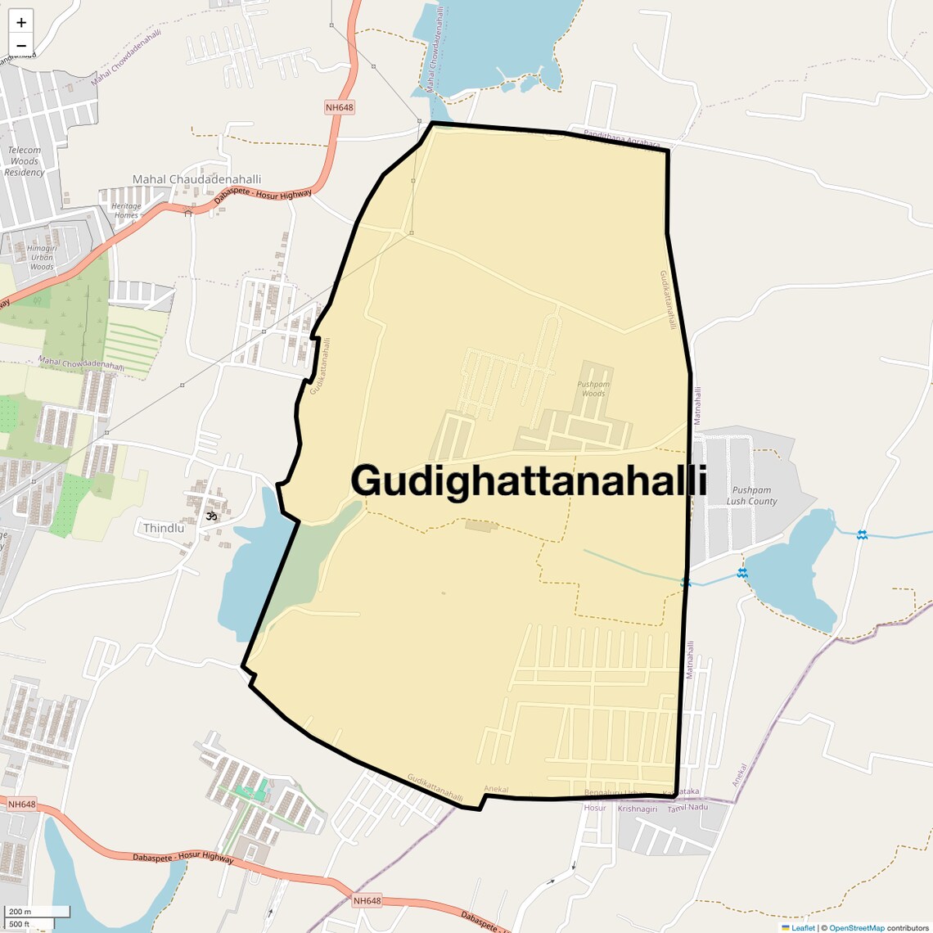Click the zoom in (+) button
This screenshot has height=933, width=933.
click(21, 23)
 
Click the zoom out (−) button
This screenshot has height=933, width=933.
click(21, 45)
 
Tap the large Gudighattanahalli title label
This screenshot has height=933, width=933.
click(529, 480)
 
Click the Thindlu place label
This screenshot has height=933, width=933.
click(164, 528)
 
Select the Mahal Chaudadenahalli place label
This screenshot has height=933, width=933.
click(197, 179)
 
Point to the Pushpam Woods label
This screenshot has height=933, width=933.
click(593, 389)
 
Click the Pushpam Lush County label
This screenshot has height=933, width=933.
click(751, 496)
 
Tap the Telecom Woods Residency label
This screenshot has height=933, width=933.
click(25, 161)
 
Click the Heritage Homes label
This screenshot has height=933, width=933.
click(126, 210)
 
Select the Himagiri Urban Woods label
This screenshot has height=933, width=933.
click(42, 257)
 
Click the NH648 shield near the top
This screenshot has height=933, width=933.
click(339, 107)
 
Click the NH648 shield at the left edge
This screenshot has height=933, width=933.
click(21, 805)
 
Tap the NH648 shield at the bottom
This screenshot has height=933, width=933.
click(367, 901)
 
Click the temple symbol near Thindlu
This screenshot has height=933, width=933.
click(212, 516)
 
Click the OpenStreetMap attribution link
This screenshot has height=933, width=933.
click(856, 927)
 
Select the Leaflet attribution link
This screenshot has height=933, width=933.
click(803, 927)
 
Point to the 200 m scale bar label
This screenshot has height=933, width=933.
click(20, 912)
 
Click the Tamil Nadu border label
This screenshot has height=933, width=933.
click(687, 808)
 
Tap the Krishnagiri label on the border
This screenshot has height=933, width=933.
click(638, 809)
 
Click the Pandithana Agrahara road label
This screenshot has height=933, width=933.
click(621, 141)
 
